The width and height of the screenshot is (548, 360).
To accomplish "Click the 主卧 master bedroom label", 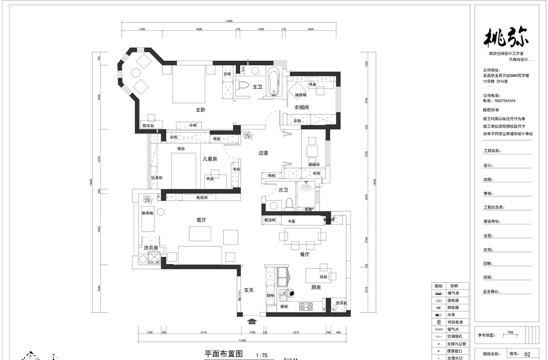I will coord(200,110).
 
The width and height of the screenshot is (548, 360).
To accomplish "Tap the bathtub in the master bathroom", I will coord(274,82).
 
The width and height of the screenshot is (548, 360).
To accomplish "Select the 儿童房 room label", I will coord(209,160).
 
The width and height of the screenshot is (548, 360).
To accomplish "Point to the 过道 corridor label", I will coord(263,153).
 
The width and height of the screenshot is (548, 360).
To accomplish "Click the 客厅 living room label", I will coord(201,219).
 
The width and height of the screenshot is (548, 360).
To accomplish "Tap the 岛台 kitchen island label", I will coord(323,277).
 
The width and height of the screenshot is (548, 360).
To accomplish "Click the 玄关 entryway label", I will coord(249,290).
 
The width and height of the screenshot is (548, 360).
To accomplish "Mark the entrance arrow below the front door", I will coord(252,322).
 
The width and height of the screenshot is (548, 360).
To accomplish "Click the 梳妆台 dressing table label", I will coord(148,125).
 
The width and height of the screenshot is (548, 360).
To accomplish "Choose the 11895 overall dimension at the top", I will coord(229,21).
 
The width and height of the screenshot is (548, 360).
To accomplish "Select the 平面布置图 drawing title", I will coord(224,354).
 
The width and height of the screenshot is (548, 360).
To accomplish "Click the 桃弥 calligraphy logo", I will coord(507,37).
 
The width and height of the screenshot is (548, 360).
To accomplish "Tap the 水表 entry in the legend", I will coord(450,315).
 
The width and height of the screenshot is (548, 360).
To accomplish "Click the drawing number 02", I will coord(527,354).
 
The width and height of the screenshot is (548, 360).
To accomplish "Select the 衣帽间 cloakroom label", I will coord(301,107).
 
